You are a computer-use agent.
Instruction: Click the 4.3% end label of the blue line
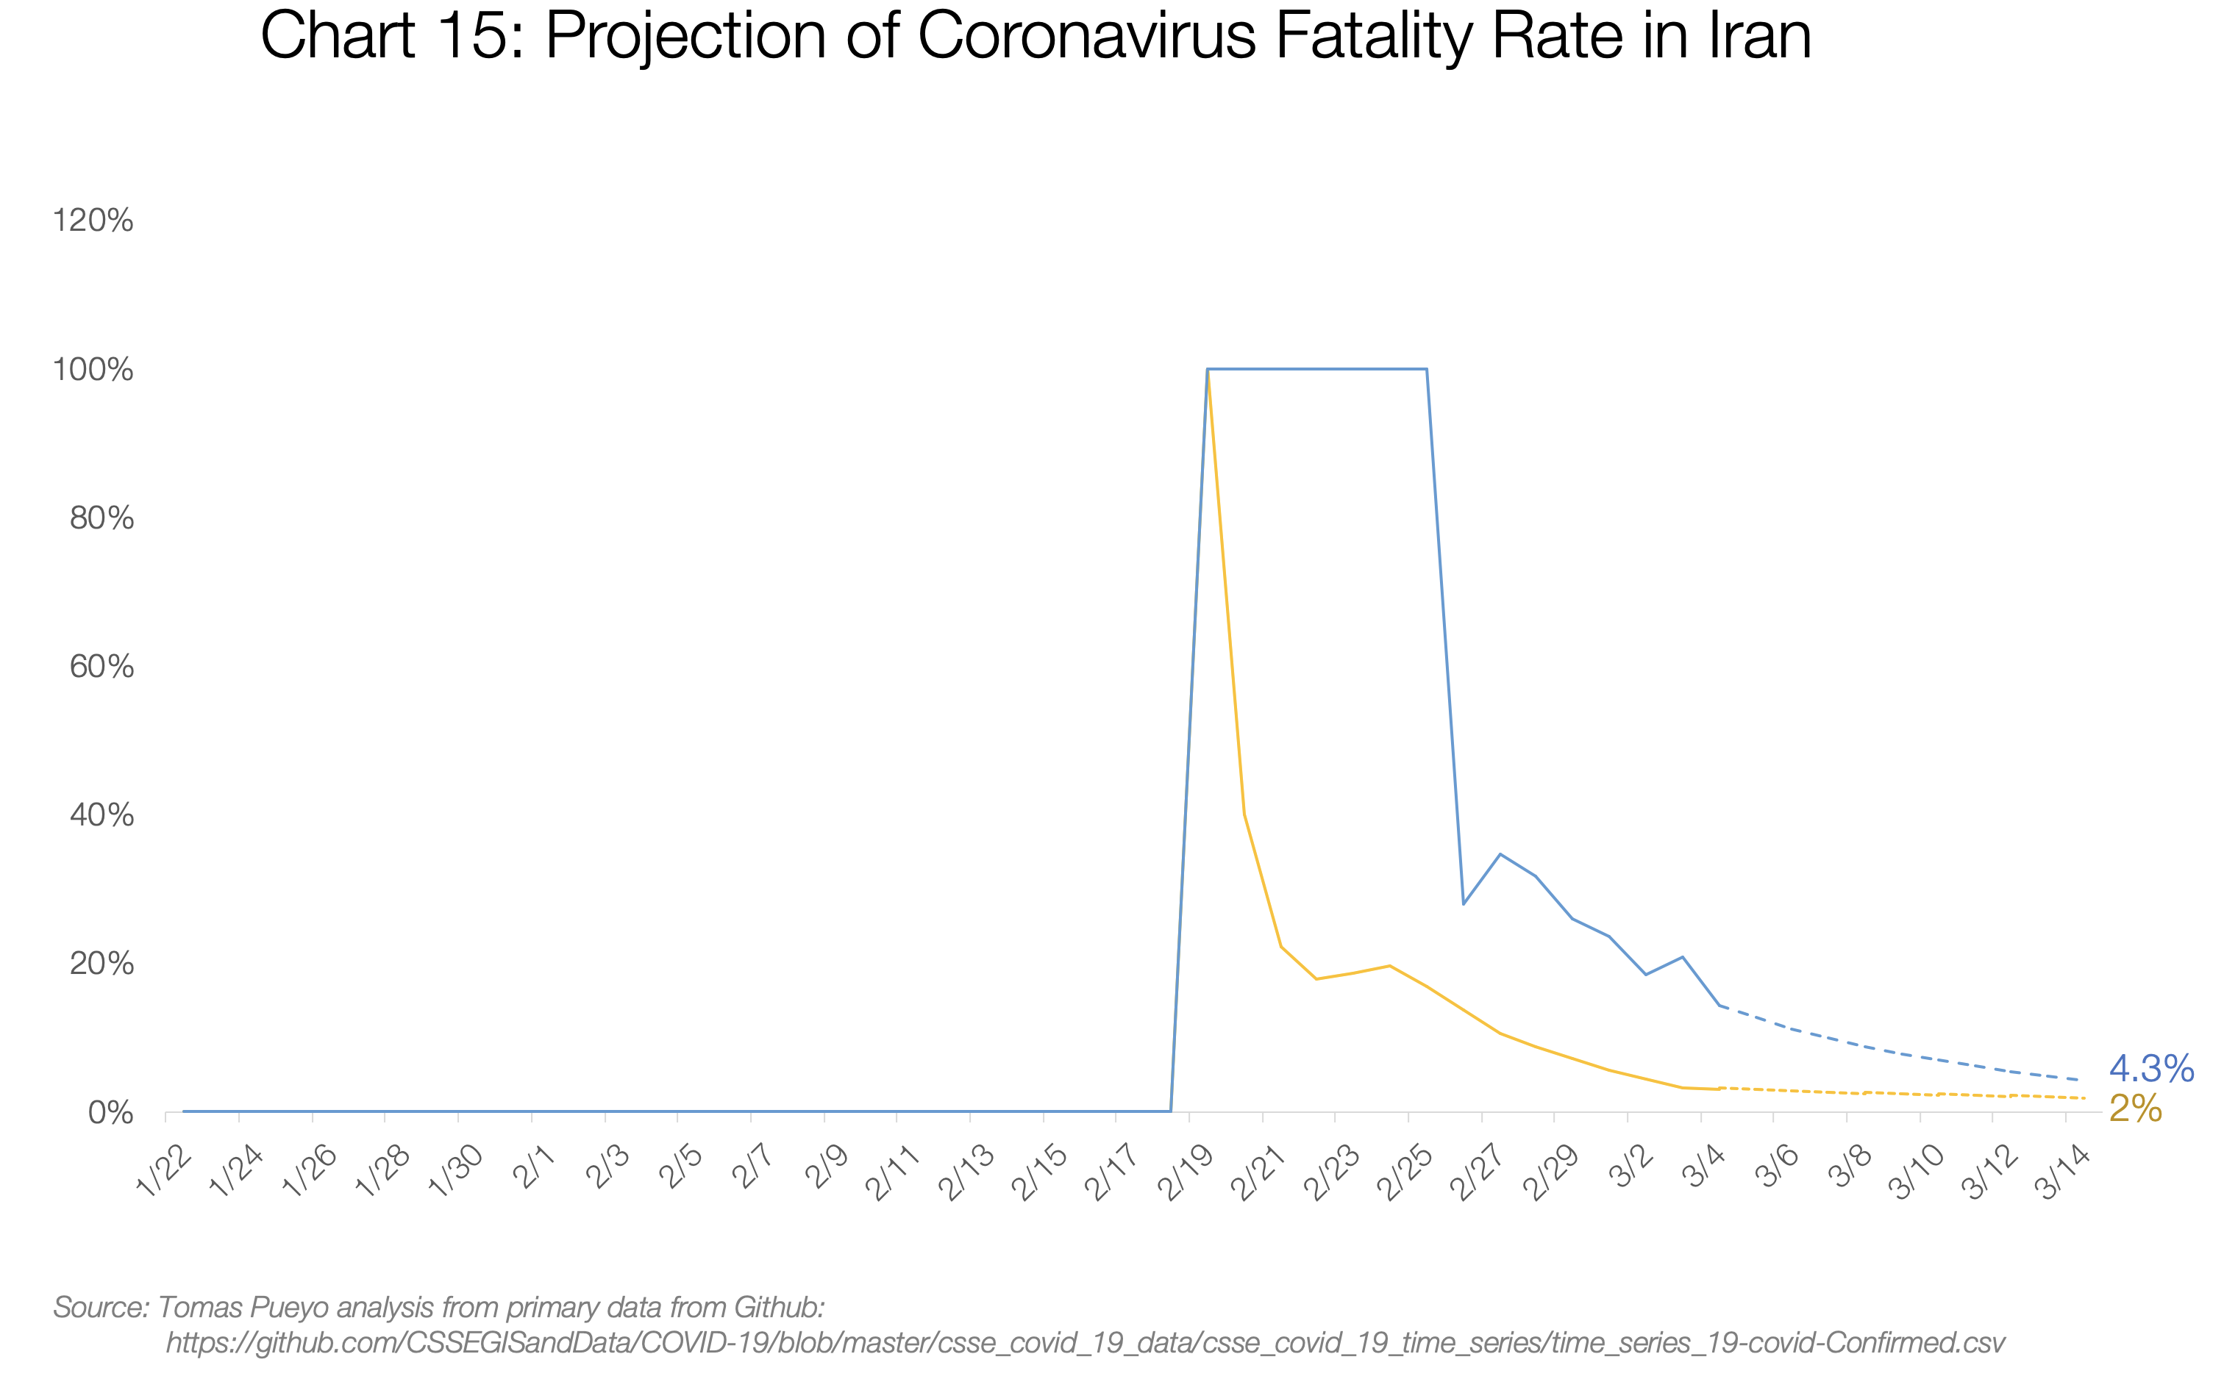click(2150, 1068)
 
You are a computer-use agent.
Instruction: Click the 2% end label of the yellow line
click(2134, 1108)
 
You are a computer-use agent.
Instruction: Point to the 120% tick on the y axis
click(93, 221)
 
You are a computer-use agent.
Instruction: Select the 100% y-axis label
click(93, 369)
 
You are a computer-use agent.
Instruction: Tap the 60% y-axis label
click(101, 667)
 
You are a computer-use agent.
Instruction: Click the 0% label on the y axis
click(110, 1113)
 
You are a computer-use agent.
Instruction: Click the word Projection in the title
click(687, 37)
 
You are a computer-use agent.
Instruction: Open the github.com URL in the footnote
click(1086, 1342)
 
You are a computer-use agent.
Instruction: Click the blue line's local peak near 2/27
click(1500, 855)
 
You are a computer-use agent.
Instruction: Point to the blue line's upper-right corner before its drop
click(1427, 369)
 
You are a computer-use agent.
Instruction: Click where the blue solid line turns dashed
click(1719, 1006)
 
